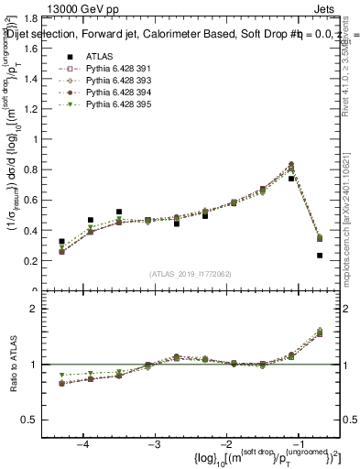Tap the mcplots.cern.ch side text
tap(352, 220)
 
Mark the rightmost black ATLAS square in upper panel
tap(320, 256)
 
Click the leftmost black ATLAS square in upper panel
tap(61, 242)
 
